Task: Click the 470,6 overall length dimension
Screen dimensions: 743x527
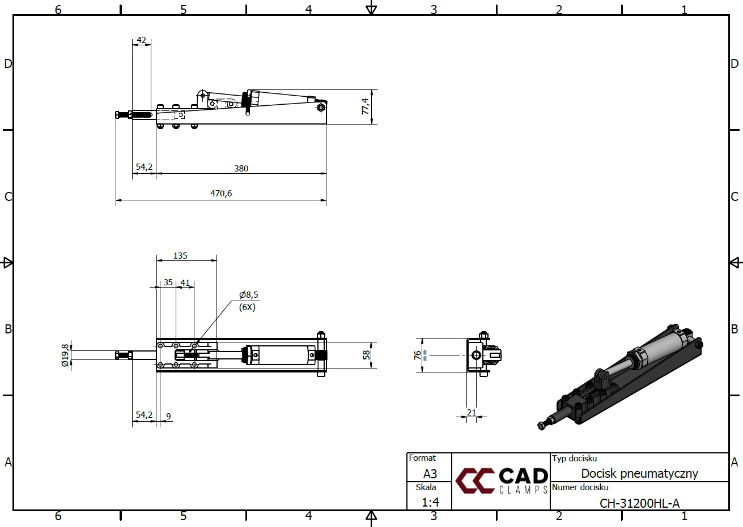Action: tap(221, 193)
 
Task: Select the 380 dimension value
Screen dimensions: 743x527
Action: tap(241, 168)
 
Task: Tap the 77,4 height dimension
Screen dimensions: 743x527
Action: tap(365, 106)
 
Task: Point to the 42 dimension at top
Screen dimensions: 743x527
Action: tap(141, 40)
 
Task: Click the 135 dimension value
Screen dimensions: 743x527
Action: tap(180, 255)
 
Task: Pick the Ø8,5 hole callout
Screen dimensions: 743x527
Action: tap(248, 294)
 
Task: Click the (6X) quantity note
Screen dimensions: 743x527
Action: tap(247, 307)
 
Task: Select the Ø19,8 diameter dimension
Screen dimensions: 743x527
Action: tap(65, 355)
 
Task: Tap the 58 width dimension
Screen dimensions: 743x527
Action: tap(366, 355)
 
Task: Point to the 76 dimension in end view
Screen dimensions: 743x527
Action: tap(417, 355)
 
